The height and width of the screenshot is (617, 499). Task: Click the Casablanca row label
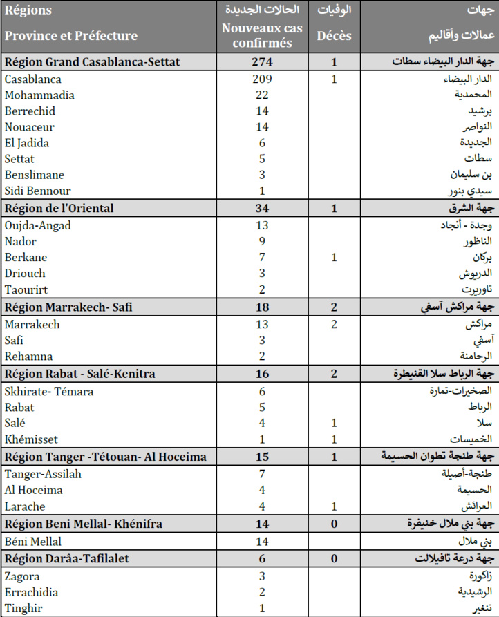pyautogui.click(x=32, y=79)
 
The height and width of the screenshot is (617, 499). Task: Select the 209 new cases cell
pyautogui.click(x=263, y=79)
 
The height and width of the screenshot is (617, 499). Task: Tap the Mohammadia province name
pyautogui.click(x=39, y=95)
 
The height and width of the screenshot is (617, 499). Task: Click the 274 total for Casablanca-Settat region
pyautogui.click(x=263, y=62)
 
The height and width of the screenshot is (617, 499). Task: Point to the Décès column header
pyautogui.click(x=334, y=36)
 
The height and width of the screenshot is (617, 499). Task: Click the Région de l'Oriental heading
pyautogui.click(x=59, y=209)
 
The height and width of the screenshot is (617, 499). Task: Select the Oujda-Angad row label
pyautogui.click(x=38, y=225)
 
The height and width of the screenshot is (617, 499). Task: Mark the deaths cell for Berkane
pyautogui.click(x=334, y=258)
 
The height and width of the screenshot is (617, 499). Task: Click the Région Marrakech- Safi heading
pyautogui.click(x=66, y=307)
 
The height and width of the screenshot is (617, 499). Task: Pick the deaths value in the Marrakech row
pyautogui.click(x=334, y=324)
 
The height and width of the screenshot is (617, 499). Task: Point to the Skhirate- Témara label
pyautogui.click(x=49, y=391)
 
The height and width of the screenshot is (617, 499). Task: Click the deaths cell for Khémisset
pyautogui.click(x=334, y=439)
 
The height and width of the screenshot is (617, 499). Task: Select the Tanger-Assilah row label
pyautogui.click(x=43, y=473)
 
